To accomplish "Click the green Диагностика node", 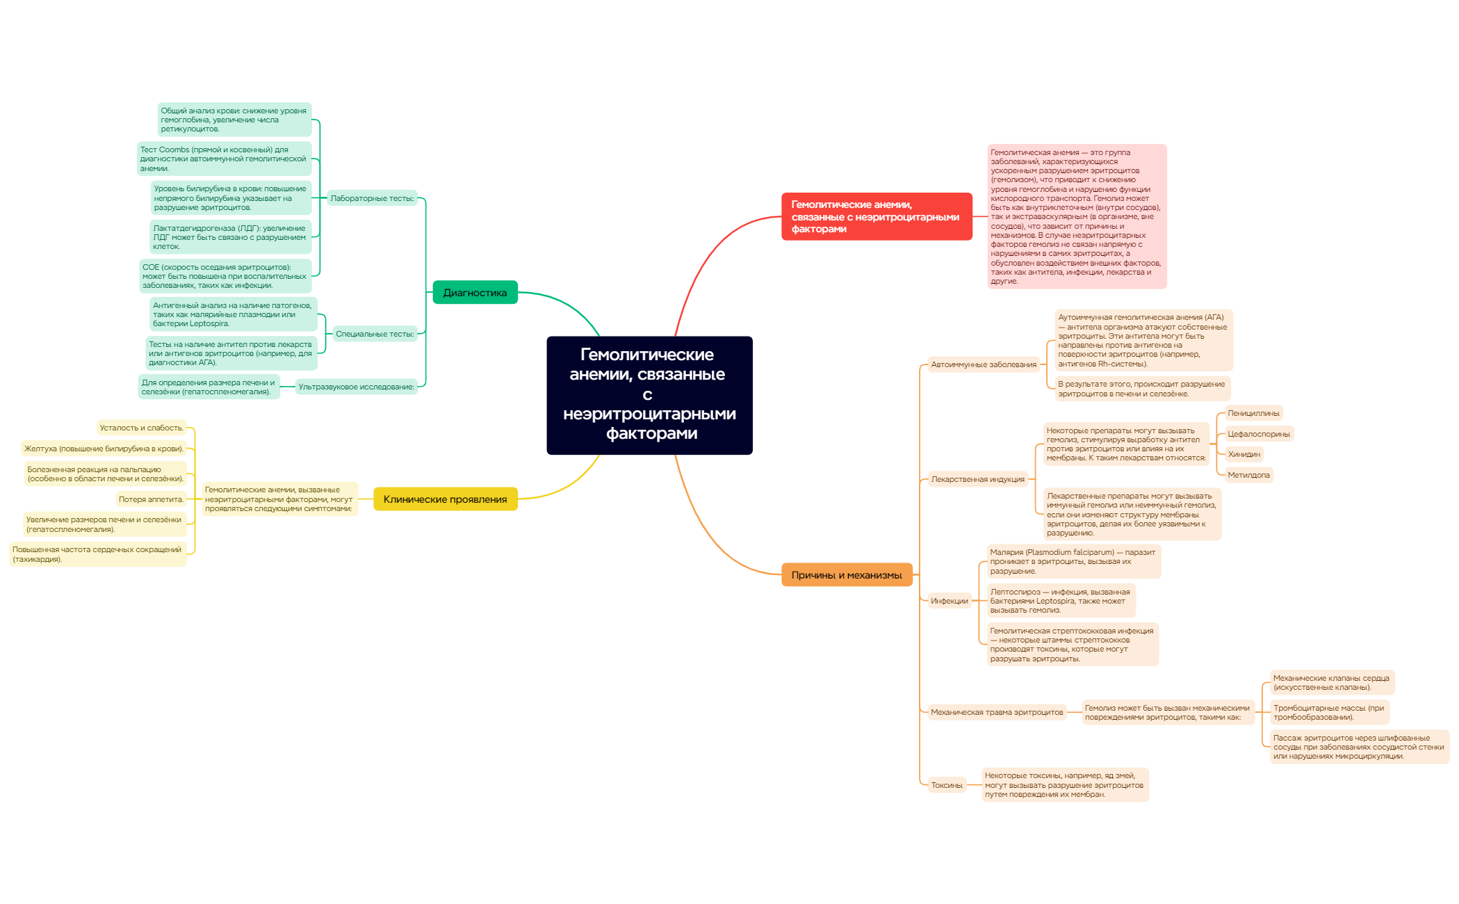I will point(475,293).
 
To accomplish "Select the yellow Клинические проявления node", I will point(445,499).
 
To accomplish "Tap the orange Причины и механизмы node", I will point(846,575).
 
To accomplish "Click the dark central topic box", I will point(649,395).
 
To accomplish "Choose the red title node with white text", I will point(876,217).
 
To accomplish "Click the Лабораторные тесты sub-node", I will point(372,198).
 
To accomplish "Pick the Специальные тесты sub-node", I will point(375,334).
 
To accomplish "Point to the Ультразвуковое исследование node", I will point(356,387).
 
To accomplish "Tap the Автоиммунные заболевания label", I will point(983,364).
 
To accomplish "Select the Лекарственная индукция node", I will point(977,479).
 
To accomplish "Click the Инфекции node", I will point(949,601).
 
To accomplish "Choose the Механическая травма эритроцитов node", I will point(996,712).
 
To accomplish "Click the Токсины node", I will point(946,785).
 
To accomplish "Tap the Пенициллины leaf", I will point(1253,413).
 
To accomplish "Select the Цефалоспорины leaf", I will point(1258,434).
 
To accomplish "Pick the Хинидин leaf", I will point(1244,454).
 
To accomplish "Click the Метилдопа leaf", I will point(1248,475).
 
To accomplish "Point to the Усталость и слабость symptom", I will point(141,428).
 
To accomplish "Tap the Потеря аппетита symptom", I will point(151,499).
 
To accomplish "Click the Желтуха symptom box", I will point(104,449).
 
